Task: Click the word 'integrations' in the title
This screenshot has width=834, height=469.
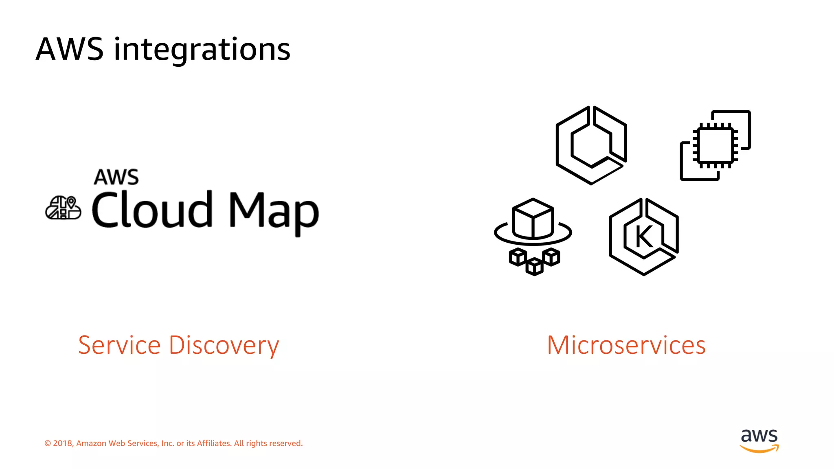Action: [202, 50]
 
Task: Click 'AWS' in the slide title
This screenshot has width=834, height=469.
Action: [70, 50]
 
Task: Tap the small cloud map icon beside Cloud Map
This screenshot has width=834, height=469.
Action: [63, 208]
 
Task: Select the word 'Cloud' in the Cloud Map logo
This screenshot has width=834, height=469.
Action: [152, 210]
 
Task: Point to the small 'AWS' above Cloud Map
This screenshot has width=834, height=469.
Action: [116, 178]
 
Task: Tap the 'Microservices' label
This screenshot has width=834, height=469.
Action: [626, 345]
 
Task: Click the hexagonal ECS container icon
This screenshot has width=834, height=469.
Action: [591, 145]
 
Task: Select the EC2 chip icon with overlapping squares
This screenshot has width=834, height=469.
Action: [715, 145]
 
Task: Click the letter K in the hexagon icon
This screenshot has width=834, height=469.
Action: [644, 237]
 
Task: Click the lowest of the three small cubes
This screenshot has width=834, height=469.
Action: [534, 267]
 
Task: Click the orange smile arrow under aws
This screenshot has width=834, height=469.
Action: [759, 449]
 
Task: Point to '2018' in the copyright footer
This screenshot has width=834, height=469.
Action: [63, 443]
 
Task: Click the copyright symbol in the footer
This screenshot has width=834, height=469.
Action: [48, 443]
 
